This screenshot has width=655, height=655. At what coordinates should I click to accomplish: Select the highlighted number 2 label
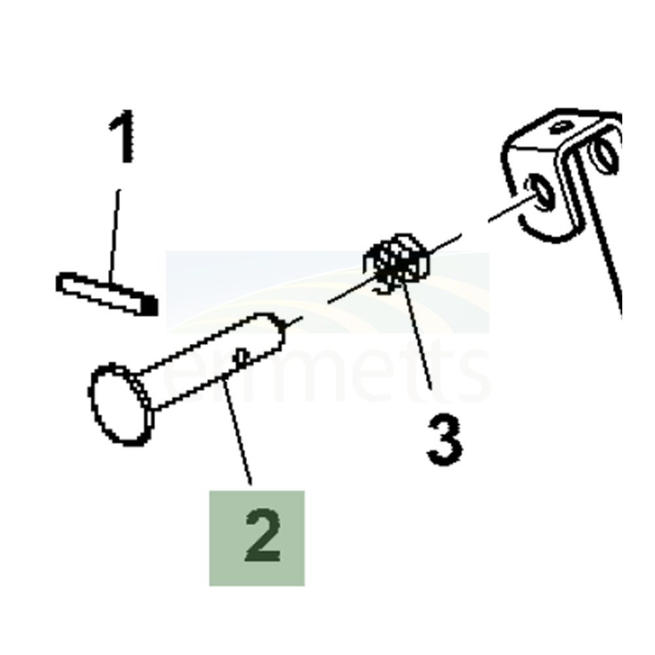(x=257, y=538)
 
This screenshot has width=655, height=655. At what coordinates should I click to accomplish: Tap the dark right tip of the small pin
(x=150, y=305)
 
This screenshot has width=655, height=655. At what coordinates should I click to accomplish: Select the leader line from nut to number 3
(x=419, y=341)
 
